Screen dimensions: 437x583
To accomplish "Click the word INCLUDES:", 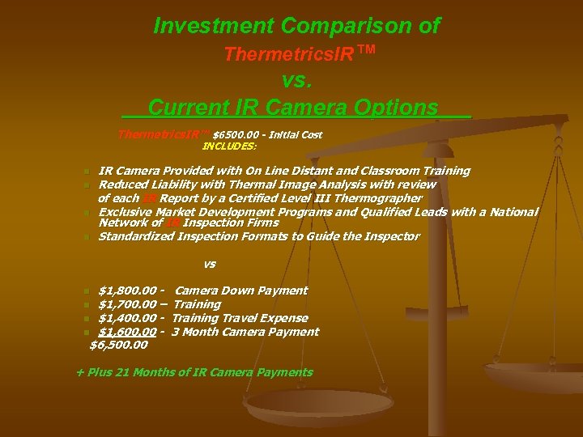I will click(229, 146).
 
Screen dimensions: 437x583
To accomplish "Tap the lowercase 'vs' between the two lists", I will click(210, 264).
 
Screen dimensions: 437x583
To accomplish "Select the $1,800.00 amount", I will click(127, 291).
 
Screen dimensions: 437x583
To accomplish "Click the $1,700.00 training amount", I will click(127, 304).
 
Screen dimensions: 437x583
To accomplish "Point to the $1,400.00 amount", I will click(127, 318).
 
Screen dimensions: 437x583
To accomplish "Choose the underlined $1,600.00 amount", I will click(127, 332).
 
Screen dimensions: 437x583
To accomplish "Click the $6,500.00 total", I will click(119, 345).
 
